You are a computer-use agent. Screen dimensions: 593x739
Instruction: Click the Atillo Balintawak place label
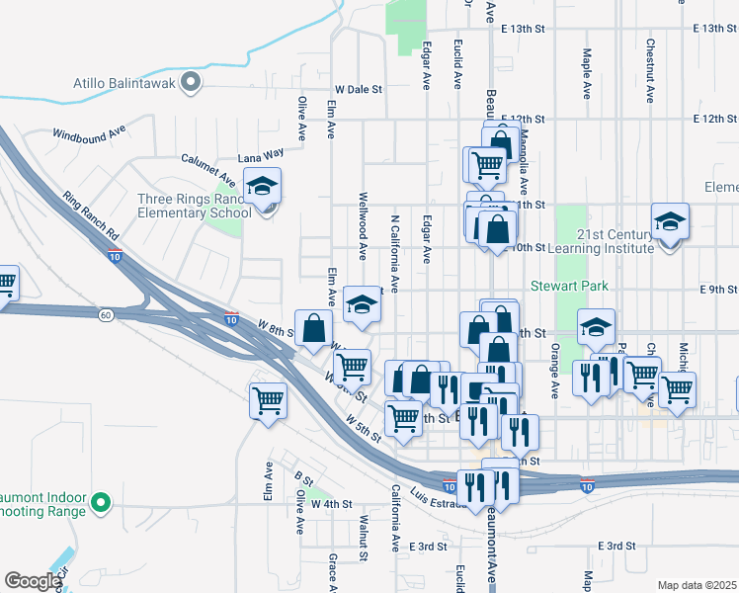tap(123, 83)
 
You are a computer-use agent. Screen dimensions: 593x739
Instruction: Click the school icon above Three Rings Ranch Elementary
tap(262, 186)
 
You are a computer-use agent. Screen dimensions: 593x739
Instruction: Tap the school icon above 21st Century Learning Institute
tap(670, 221)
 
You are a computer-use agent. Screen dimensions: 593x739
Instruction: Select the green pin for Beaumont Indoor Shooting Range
tap(99, 504)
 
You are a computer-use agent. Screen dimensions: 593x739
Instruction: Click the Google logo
tap(32, 581)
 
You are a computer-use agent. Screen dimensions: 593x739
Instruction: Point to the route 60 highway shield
tap(105, 314)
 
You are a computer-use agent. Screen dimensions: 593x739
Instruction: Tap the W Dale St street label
tap(358, 89)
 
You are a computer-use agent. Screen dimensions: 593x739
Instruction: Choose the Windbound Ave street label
tap(90, 132)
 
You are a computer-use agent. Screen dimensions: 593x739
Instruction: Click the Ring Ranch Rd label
tap(90, 216)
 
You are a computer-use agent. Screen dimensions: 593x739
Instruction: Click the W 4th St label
tap(331, 504)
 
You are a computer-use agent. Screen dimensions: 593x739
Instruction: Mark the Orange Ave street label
tap(556, 370)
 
